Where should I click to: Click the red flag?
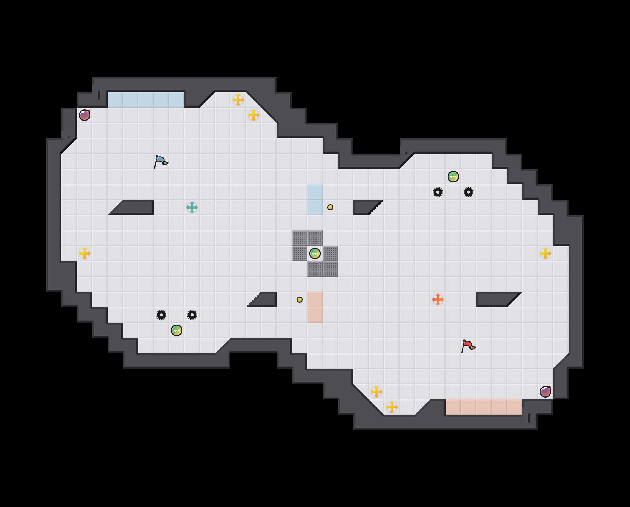click(468, 346)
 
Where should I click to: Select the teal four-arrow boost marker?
click(192, 207)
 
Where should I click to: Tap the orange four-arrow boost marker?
click(438, 300)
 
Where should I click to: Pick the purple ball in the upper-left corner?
click(85, 115)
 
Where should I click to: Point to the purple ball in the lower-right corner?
click(545, 392)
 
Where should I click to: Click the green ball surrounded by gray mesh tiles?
click(315, 253)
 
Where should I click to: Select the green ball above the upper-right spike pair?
click(453, 177)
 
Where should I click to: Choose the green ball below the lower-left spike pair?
click(177, 330)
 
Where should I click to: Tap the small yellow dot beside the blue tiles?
click(330, 207)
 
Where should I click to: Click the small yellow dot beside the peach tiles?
click(300, 300)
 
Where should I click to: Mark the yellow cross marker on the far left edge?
click(85, 253)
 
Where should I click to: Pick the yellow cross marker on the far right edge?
click(545, 253)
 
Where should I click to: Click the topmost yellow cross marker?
click(238, 100)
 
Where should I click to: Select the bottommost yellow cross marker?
click(392, 407)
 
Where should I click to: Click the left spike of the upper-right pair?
click(438, 192)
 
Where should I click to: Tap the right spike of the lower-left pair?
click(192, 315)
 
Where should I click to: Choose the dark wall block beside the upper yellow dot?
click(363, 207)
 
